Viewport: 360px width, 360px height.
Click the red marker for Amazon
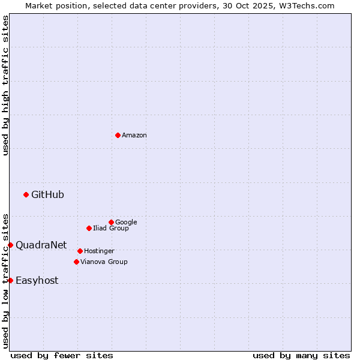[118, 135]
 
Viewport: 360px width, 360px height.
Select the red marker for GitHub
[26, 194]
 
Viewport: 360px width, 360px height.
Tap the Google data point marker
[111, 222]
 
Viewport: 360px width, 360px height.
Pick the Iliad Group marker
[89, 228]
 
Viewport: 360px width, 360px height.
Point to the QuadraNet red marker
[10, 245]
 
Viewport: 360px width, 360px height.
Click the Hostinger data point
[80, 251]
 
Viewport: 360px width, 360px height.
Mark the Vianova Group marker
[76, 262]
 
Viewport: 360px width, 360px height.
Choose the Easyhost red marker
[10, 280]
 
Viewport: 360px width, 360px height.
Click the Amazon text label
[134, 136]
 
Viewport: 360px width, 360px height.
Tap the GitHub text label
[47, 194]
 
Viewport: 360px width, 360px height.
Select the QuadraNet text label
[41, 245]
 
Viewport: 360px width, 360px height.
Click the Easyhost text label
[37, 281]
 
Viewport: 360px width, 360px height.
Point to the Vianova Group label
[104, 262]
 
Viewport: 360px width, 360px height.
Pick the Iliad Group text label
[111, 229]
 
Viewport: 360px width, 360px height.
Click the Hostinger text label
[99, 251]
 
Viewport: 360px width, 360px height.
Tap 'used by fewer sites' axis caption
[62, 355]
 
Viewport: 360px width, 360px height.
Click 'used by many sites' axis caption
[301, 355]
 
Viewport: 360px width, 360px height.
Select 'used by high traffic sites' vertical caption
[5, 85]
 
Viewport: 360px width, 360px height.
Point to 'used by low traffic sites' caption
[5, 281]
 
